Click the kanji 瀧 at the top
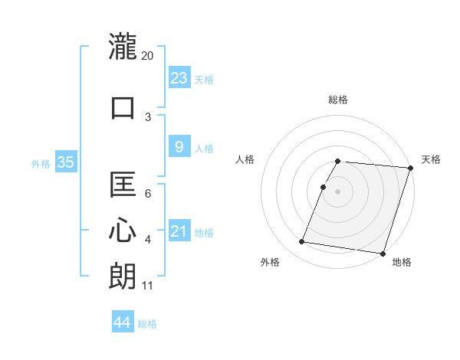(x=123, y=47)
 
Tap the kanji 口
(x=123, y=108)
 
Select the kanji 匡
(x=123, y=185)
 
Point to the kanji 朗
(x=123, y=276)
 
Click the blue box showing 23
(x=179, y=78)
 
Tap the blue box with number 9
(x=179, y=148)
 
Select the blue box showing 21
(x=179, y=231)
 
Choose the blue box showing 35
(x=65, y=162)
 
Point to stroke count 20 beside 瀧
(x=147, y=55)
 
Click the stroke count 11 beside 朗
(x=147, y=286)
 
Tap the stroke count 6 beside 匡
(x=147, y=193)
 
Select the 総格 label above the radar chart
(x=337, y=100)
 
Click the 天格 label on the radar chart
(x=431, y=159)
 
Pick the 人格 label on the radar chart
(x=245, y=159)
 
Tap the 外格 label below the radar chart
(x=270, y=262)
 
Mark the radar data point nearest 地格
(x=383, y=253)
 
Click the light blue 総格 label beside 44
(x=147, y=323)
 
